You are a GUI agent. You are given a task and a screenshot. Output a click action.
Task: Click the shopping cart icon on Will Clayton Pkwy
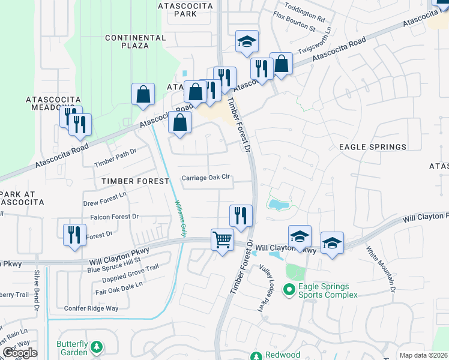(x=222, y=240)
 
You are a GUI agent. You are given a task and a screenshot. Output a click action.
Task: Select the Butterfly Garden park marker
(x=96, y=346)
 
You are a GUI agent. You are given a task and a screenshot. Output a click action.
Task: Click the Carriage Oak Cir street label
(x=206, y=178)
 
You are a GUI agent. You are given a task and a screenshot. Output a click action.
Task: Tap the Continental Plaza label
(x=135, y=41)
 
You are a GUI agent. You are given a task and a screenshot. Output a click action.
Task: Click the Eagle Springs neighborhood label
(x=372, y=146)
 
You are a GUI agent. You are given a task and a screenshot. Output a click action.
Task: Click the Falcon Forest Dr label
(x=114, y=216)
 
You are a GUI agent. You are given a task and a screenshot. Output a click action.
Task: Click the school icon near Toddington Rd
(x=247, y=41)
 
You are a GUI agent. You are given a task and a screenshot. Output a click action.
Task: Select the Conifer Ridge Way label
(x=91, y=308)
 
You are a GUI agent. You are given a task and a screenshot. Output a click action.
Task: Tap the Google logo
(x=19, y=352)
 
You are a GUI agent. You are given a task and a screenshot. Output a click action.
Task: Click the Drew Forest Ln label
(x=105, y=195)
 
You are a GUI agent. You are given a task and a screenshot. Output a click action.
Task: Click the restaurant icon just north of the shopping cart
(x=241, y=215)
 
